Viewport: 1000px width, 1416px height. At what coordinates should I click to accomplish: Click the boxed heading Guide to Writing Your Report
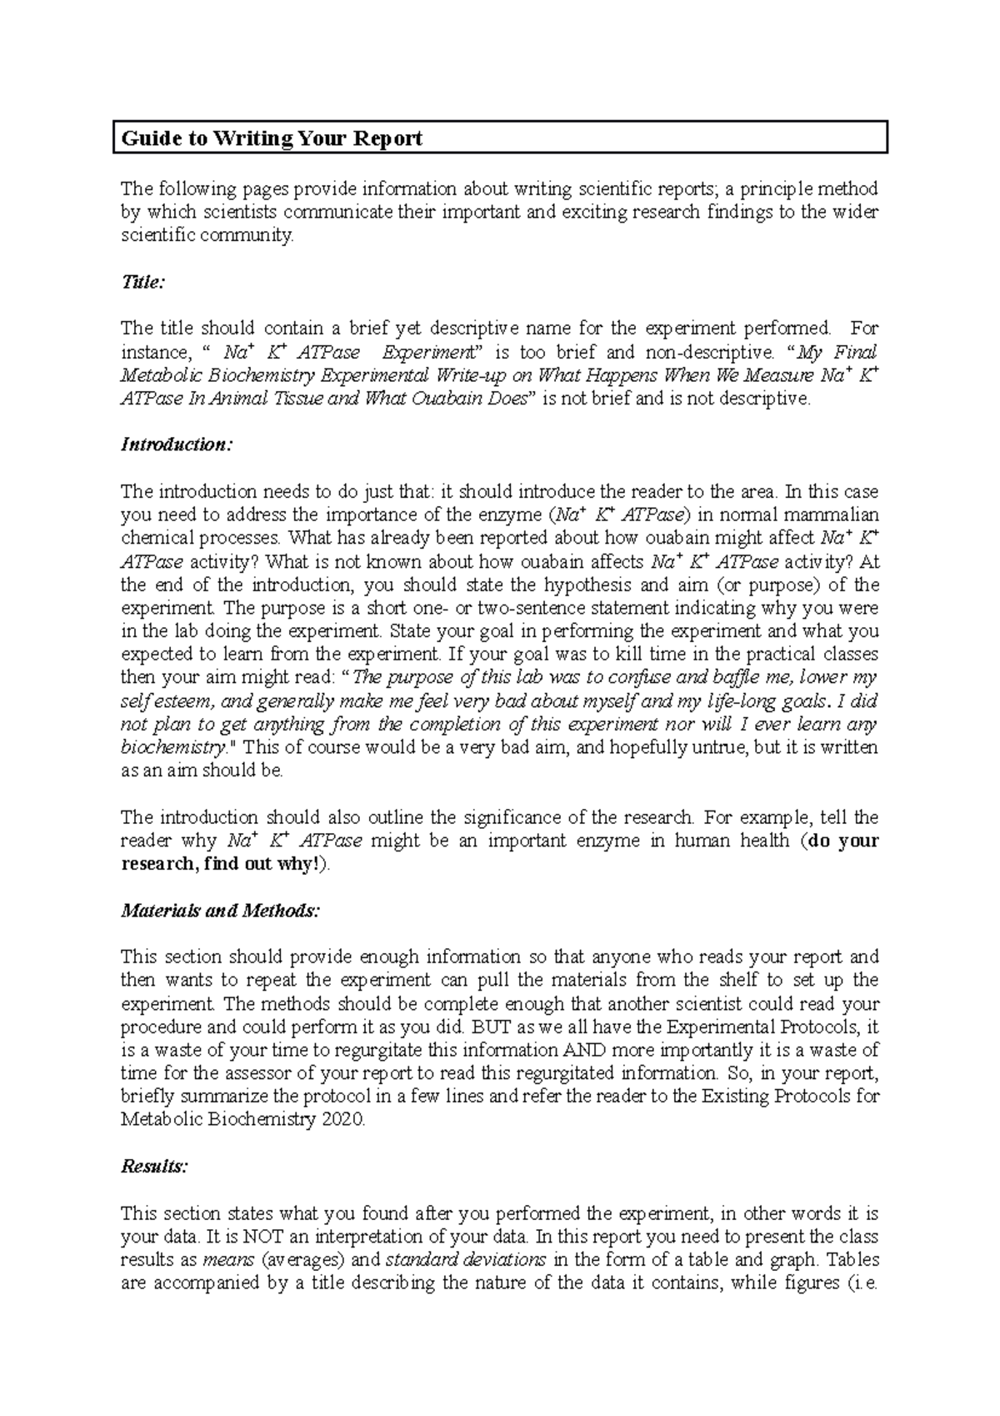pos(272,138)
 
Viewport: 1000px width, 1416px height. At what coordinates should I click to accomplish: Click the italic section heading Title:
pos(142,283)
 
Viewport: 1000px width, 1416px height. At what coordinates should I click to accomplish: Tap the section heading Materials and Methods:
pos(220,911)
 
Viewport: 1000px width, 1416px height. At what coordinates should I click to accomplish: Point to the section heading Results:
pos(154,1167)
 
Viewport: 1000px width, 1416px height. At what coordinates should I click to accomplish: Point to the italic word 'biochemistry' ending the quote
pos(172,747)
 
